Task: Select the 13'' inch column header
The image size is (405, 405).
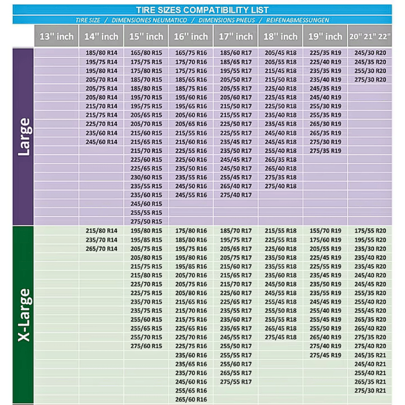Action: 56,36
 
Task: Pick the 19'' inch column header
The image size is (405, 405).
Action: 326,36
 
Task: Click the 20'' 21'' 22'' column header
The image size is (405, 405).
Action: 370,36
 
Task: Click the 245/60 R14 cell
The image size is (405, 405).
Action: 101,142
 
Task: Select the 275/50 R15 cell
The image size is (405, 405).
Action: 146,221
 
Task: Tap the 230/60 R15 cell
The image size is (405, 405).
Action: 146,177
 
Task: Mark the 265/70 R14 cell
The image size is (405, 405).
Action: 101,249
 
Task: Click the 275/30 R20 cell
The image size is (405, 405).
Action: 370,79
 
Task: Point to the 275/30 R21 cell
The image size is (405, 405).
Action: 370,390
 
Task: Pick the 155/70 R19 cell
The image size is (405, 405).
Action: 326,231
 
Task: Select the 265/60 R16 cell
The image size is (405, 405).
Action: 191,399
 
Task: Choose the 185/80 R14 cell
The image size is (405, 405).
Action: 101,53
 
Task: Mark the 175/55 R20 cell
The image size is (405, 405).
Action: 370,231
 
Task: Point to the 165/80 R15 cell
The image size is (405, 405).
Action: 146,53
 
